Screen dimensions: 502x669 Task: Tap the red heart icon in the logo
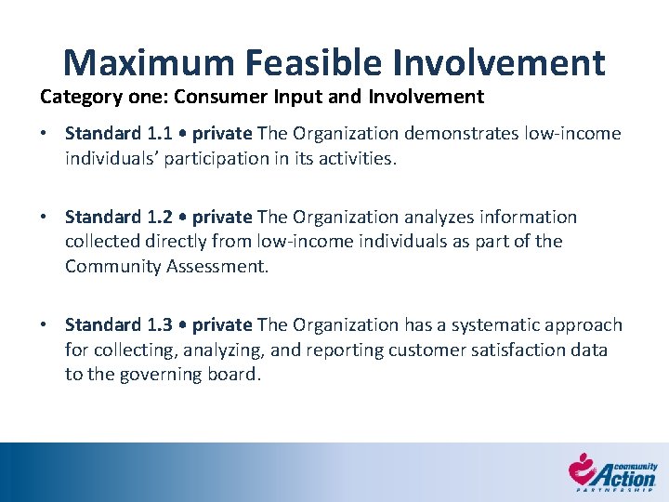click(582, 467)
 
